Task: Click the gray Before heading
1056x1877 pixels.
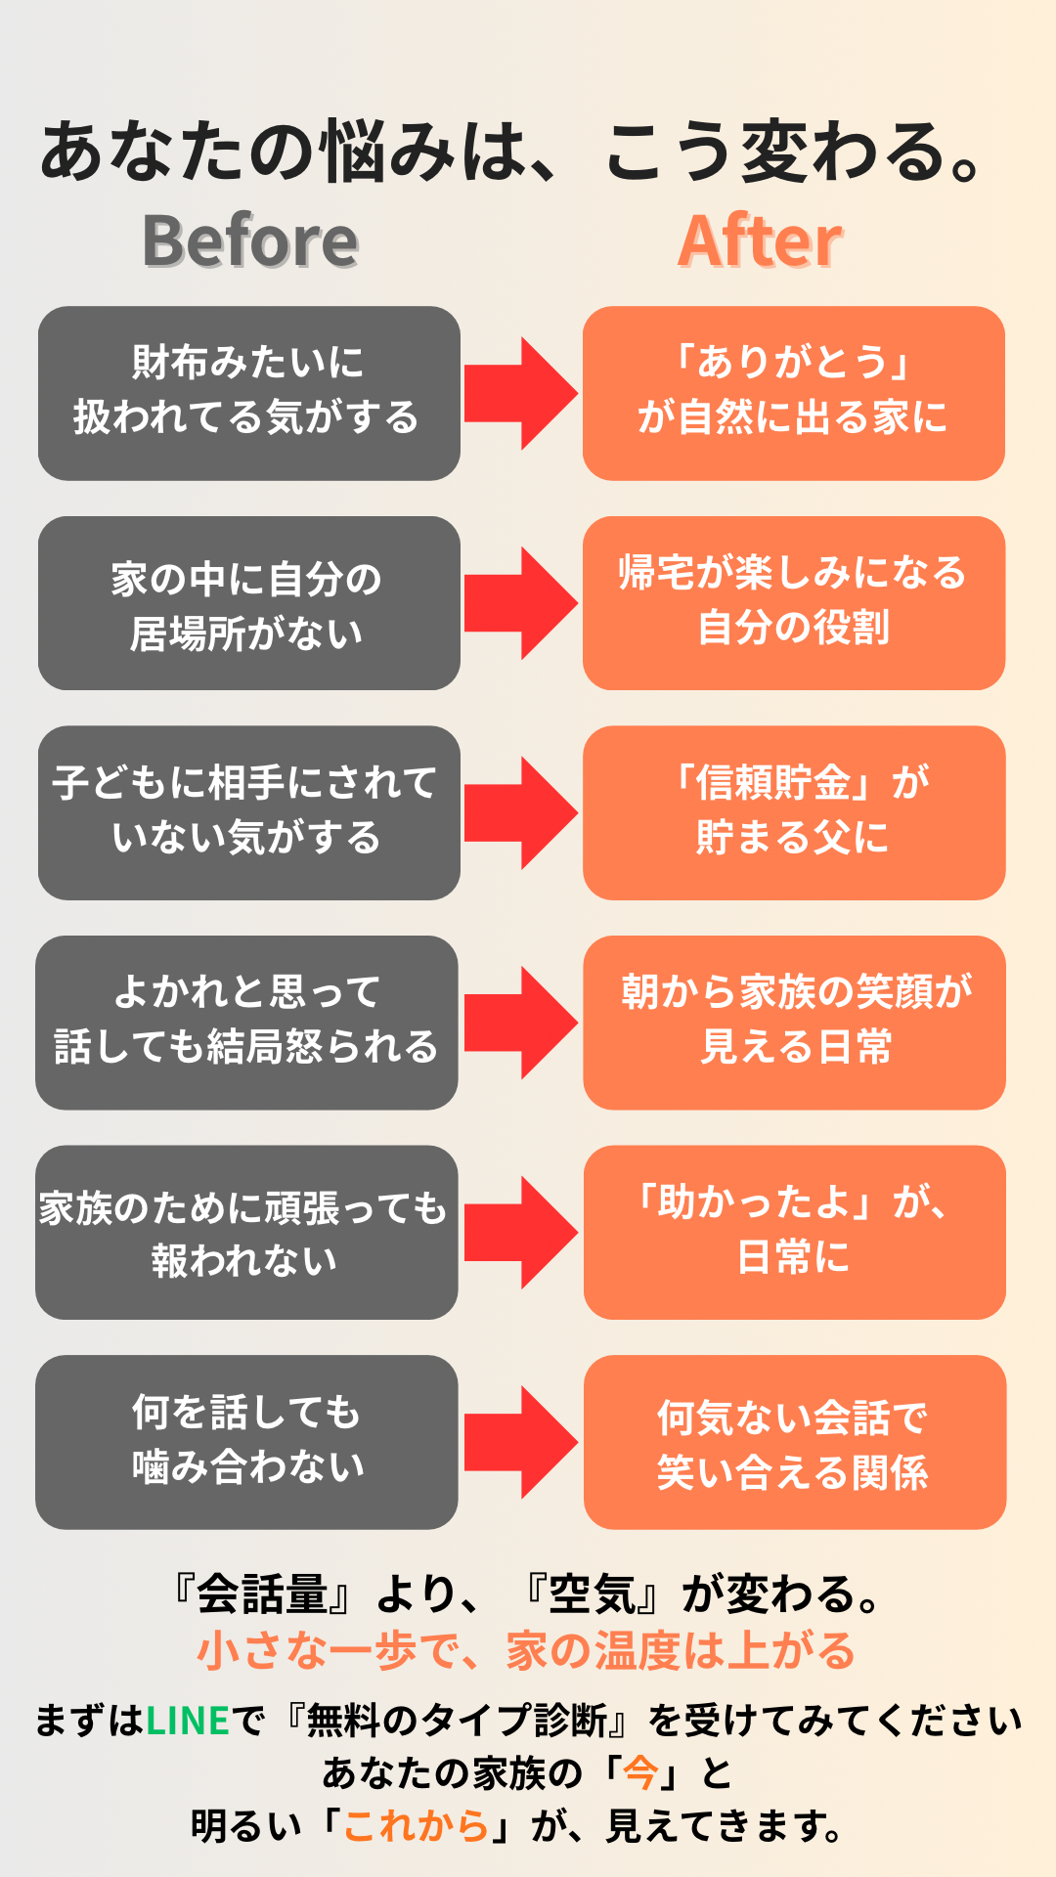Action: pos(250,240)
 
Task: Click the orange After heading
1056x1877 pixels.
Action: pos(760,240)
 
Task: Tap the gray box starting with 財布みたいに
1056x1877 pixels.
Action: pos(248,393)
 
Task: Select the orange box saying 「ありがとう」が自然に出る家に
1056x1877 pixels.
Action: pos(793,393)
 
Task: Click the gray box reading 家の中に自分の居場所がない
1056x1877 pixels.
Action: pos(248,603)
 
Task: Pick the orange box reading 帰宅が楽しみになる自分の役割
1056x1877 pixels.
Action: pos(793,603)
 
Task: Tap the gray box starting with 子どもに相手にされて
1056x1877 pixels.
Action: pos(248,812)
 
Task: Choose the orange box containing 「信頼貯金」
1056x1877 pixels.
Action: pos(793,812)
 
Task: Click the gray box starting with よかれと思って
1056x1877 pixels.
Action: pos(246,1023)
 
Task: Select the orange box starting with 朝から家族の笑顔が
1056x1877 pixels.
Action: pos(794,1023)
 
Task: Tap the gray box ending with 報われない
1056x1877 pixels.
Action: pos(246,1232)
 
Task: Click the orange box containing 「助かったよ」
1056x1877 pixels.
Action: pos(794,1232)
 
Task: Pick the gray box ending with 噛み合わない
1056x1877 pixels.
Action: pos(246,1442)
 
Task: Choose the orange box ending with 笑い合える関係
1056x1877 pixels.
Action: pos(794,1442)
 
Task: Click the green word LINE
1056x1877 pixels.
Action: pos(188,1721)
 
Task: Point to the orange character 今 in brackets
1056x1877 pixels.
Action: pos(640,1772)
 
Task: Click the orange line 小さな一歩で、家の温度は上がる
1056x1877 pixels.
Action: pos(526,1651)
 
